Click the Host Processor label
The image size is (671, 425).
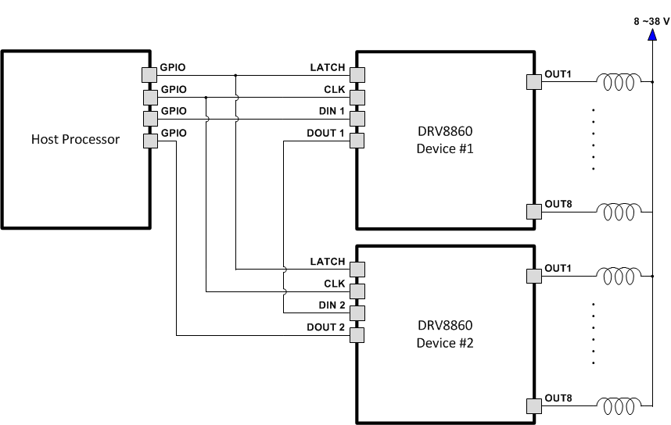75,140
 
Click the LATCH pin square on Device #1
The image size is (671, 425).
357,74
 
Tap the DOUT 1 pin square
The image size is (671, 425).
357,141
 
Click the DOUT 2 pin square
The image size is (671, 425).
357,335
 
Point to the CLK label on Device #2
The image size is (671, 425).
334,284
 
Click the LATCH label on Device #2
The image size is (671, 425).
327,262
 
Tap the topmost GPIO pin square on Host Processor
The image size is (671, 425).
150,74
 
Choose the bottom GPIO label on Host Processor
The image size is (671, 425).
173,134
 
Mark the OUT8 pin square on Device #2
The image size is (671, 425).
535,405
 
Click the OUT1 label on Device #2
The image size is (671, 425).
558,269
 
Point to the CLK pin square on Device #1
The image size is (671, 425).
357,97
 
